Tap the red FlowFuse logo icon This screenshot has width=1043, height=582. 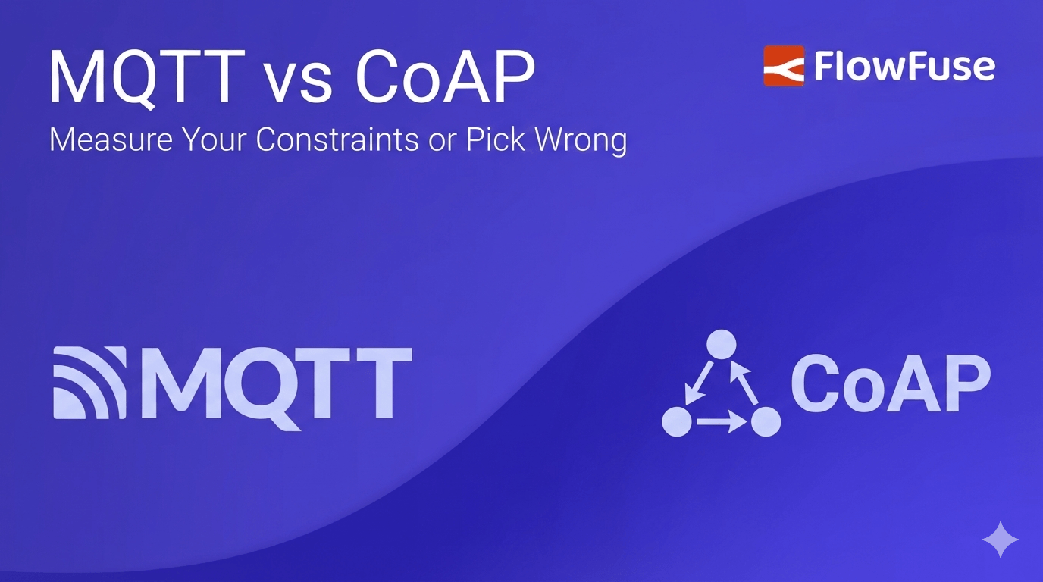[783, 66]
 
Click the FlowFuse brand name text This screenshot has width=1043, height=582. [904, 66]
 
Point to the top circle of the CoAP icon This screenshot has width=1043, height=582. [721, 345]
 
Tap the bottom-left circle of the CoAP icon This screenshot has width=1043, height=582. [677, 421]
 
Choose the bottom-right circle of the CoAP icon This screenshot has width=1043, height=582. [766, 421]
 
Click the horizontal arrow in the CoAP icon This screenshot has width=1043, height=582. [721, 422]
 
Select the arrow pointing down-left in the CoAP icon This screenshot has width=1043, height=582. [697, 383]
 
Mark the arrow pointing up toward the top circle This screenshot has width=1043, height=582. [745, 383]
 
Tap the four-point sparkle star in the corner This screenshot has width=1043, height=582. [1000, 540]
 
